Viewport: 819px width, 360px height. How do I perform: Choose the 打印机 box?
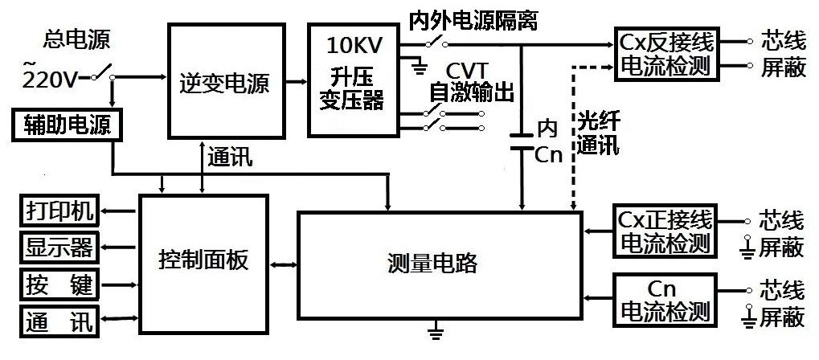(58, 212)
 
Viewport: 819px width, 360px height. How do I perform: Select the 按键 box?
(58, 284)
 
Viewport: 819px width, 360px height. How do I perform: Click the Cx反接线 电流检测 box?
(666, 55)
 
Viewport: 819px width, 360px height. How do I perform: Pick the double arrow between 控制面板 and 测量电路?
(283, 263)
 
